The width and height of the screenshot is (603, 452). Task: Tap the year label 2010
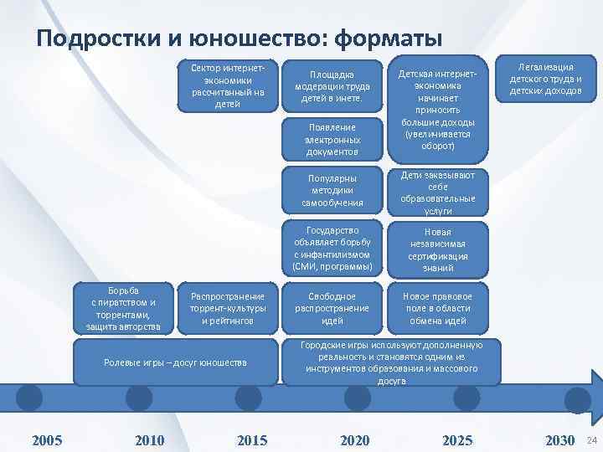149,440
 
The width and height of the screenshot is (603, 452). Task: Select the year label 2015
252,440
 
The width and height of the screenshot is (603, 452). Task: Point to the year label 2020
355,440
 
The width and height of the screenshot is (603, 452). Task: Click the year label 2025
457,440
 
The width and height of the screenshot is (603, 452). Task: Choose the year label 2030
559,440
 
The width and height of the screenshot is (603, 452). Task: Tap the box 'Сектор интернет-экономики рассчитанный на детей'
227,85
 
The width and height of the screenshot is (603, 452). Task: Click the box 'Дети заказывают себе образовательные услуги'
437,193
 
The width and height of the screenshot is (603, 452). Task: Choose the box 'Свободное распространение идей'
332,308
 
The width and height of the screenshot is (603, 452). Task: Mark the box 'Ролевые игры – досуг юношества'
174,362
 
